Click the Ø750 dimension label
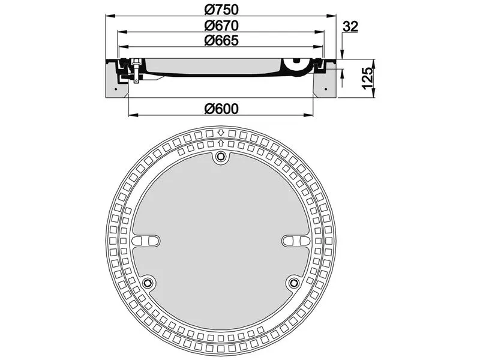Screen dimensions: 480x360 221,10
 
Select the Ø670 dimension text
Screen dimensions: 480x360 221,25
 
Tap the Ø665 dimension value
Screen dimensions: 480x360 221,41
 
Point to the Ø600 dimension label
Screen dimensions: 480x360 221,109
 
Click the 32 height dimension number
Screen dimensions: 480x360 350,26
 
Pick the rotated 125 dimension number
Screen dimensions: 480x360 368,78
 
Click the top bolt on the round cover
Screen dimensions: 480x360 220,158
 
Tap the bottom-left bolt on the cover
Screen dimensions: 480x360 148,283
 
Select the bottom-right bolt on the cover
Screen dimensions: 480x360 294,283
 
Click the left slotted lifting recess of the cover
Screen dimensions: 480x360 146,241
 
